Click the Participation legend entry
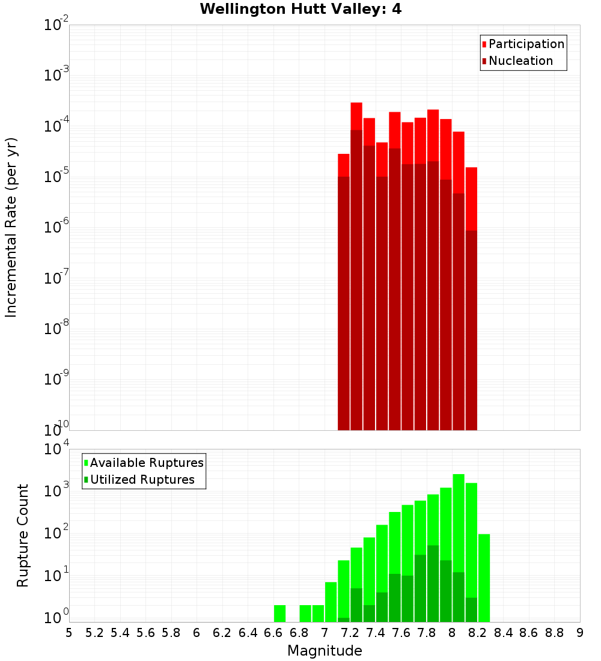coord(526,44)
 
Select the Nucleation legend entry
coord(520,61)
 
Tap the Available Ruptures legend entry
coord(146,463)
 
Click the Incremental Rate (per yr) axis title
coord(11,227)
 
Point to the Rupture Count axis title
coord(23,535)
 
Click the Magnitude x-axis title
coord(325,651)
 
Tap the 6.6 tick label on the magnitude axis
coord(273,633)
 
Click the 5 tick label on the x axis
coord(69,633)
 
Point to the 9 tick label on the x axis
coord(580,633)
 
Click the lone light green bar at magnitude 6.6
coord(279,614)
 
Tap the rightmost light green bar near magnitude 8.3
coord(484,577)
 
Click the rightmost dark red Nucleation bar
coord(471,330)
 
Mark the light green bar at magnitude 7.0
coord(331,601)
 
